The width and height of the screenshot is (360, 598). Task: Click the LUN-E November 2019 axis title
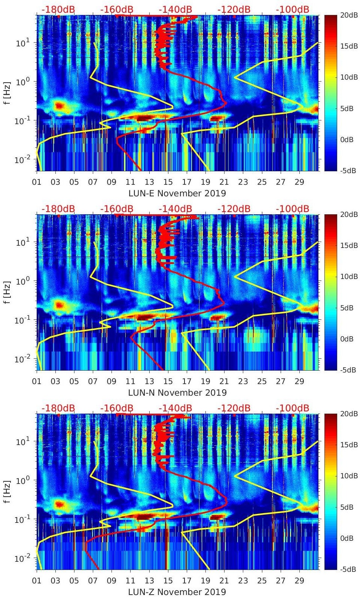[177, 193]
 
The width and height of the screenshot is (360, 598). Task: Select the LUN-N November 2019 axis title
[177, 392]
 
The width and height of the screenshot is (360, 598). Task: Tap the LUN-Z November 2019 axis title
[177, 592]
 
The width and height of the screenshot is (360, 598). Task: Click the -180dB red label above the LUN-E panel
[58, 9]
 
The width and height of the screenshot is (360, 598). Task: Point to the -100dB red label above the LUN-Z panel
[292, 408]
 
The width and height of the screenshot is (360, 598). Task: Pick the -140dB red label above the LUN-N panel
[175, 208]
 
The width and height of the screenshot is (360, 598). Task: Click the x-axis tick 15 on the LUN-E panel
[168, 182]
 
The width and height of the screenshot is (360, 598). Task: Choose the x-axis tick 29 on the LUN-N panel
[299, 381]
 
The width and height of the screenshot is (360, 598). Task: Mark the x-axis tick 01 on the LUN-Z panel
[37, 581]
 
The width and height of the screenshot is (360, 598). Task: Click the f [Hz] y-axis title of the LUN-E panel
[7, 93]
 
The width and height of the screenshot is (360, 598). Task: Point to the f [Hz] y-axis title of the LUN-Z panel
[7, 492]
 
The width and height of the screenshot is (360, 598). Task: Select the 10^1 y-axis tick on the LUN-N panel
[23, 242]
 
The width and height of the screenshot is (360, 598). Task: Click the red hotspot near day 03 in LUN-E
[59, 105]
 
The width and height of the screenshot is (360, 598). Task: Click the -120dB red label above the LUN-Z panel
[234, 408]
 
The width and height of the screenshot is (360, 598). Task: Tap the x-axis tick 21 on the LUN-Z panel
[224, 581]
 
